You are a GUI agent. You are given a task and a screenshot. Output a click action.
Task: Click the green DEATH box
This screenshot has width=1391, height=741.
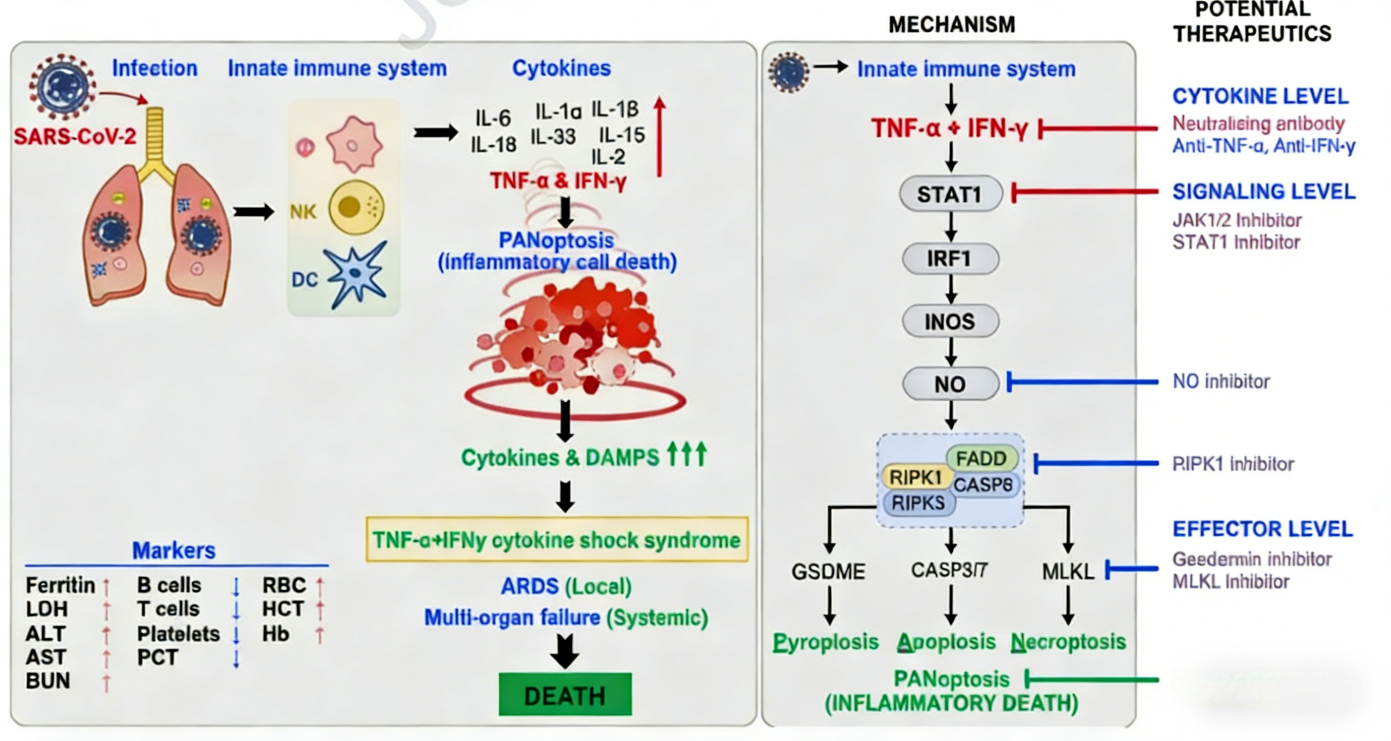(x=565, y=695)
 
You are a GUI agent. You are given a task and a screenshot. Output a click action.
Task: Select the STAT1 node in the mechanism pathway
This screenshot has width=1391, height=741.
(x=950, y=194)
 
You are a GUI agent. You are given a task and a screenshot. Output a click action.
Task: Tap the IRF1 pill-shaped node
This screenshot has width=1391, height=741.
(x=950, y=259)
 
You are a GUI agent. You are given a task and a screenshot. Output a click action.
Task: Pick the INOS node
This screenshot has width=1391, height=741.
(x=950, y=321)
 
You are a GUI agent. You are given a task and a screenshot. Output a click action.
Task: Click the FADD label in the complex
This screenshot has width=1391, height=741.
(x=981, y=458)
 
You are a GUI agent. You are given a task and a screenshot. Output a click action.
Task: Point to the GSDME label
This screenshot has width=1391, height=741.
(x=828, y=571)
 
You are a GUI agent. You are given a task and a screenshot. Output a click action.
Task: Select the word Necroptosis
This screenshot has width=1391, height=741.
(x=1068, y=642)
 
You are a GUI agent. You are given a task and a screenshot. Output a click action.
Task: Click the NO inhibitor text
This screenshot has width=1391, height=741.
(x=1221, y=382)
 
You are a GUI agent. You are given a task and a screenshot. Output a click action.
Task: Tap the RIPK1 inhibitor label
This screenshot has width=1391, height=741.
(x=1233, y=464)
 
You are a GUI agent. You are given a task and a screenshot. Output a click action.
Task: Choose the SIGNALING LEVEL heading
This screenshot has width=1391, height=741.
(x=1264, y=192)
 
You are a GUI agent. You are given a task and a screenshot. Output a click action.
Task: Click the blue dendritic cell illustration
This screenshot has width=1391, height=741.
(x=357, y=275)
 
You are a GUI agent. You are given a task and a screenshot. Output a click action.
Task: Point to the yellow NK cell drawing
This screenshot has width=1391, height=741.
(x=356, y=208)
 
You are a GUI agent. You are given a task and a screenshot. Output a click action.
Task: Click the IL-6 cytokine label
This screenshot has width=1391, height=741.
(x=492, y=118)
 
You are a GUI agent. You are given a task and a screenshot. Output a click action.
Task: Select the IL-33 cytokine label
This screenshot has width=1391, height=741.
(x=553, y=136)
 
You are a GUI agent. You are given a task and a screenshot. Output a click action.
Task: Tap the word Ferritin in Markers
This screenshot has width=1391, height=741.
(x=60, y=585)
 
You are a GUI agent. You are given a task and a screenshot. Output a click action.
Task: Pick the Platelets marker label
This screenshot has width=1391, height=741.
(x=178, y=633)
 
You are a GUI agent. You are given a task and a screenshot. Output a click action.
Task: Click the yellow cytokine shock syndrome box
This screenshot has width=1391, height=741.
(x=557, y=540)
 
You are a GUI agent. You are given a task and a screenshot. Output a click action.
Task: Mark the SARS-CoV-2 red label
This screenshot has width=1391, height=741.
(x=75, y=136)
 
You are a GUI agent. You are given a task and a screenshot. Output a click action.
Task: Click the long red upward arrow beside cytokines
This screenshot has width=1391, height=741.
(x=659, y=137)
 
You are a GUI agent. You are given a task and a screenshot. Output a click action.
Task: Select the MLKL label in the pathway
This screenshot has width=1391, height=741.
(x=1068, y=571)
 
